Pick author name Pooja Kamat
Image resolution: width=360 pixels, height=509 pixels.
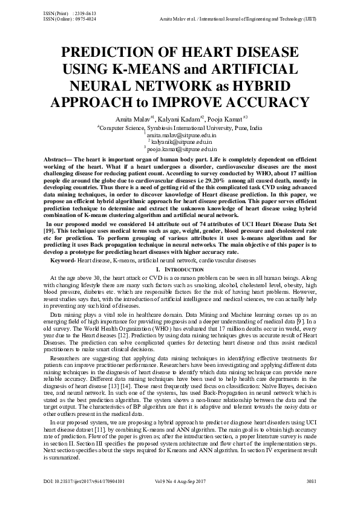pyautogui.click(x=226, y=118)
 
